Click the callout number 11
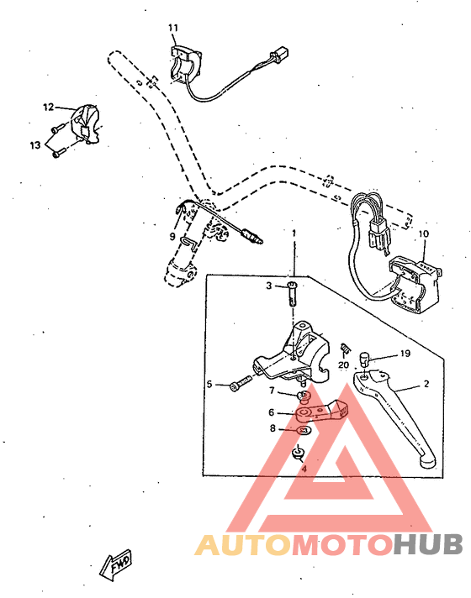pyautogui.click(x=173, y=29)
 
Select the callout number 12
pyautogui.click(x=48, y=107)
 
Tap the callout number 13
pyautogui.click(x=35, y=145)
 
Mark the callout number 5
pyautogui.click(x=209, y=385)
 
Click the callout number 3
pyautogui.click(x=270, y=286)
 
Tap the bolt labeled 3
pyautogui.click(x=291, y=293)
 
